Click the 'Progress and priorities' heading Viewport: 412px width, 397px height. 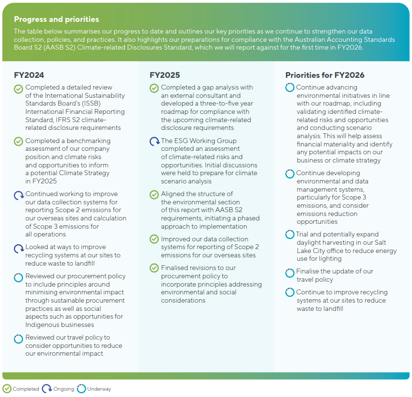(x=56, y=19)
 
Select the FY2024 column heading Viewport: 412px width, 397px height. (x=29, y=75)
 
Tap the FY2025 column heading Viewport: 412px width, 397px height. (x=165, y=75)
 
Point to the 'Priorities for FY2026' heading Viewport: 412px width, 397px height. (x=325, y=75)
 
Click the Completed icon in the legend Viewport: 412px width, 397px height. (x=7, y=389)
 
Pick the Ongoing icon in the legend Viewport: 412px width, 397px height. (x=47, y=389)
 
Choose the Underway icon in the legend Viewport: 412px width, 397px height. (x=81, y=389)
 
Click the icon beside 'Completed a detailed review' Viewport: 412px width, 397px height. (x=19, y=89)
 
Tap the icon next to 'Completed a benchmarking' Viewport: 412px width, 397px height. (x=19, y=142)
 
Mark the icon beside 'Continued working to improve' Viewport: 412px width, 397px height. (x=19, y=195)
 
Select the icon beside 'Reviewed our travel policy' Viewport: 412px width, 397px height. (x=19, y=338)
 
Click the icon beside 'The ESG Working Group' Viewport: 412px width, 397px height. (x=154, y=142)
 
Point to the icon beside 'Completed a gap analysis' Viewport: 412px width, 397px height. (x=154, y=89)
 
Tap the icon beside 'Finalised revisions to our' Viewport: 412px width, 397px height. (x=154, y=268)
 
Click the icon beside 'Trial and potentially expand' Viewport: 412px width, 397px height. (x=290, y=235)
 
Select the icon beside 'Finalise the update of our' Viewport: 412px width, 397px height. (x=290, y=272)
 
